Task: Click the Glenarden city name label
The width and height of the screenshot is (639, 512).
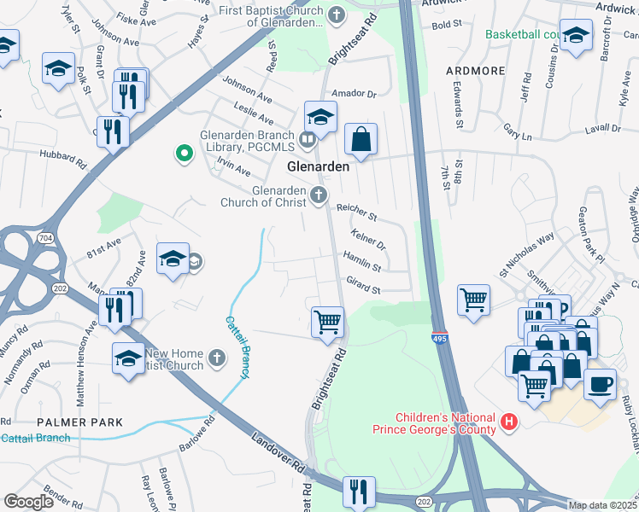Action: [x=318, y=167]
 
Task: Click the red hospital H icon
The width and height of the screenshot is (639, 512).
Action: [x=510, y=422]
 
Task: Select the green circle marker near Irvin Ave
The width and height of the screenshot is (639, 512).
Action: [x=182, y=154]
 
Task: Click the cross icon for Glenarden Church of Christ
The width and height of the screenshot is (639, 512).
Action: [x=318, y=196]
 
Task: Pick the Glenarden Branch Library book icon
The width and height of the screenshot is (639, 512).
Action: [x=307, y=137]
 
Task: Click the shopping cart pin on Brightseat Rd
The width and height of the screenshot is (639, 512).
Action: [x=327, y=323]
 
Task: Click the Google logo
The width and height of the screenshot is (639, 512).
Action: [x=28, y=502]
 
